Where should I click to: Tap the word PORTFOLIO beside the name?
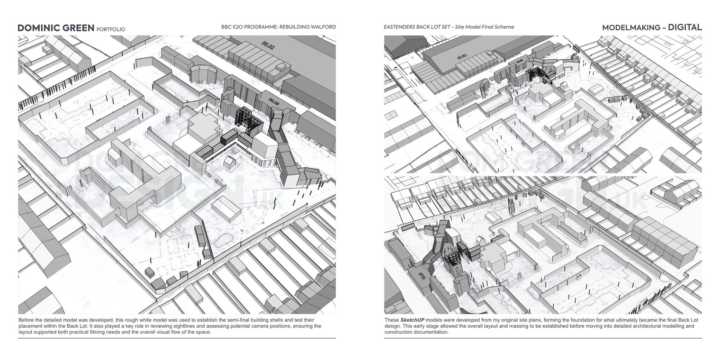click(111, 29)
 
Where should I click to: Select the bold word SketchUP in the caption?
click(412, 320)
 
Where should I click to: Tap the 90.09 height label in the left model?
click(274, 100)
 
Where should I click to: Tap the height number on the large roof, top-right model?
click(462, 57)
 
